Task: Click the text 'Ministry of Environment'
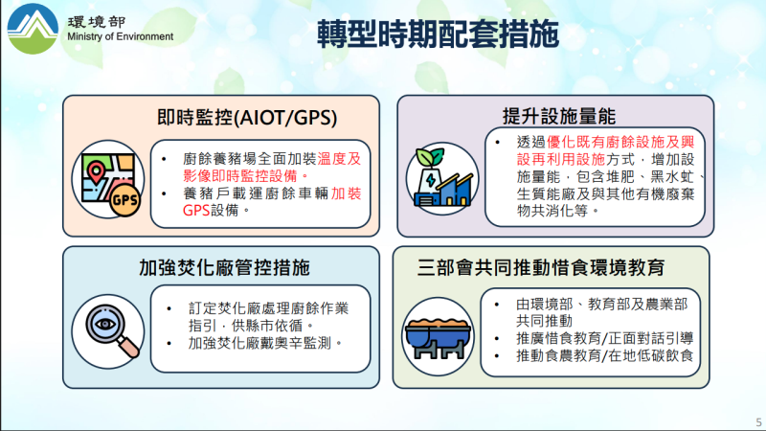pyautogui.click(x=121, y=37)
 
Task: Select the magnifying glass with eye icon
pyautogui.click(x=110, y=329)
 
